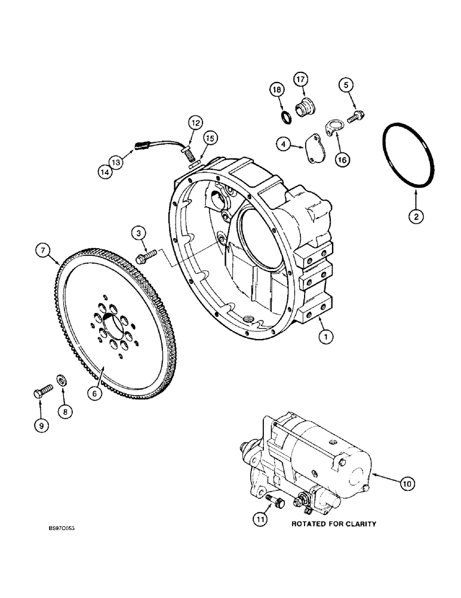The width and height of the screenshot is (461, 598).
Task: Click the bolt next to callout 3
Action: (x=146, y=257)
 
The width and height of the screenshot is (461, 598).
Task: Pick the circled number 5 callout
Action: (x=346, y=85)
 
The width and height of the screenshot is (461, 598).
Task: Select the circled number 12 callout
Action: (x=195, y=123)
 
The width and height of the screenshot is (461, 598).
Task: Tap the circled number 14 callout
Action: (x=105, y=171)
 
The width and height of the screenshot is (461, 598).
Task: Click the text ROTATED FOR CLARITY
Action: (x=334, y=524)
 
